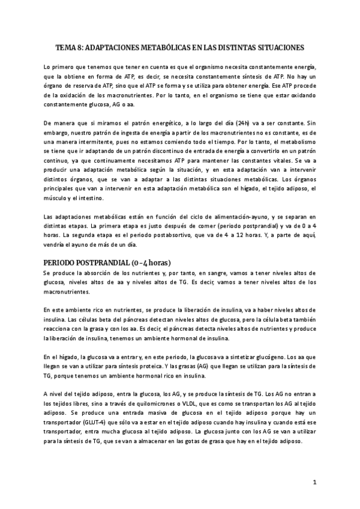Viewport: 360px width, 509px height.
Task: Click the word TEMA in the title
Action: (x=65, y=47)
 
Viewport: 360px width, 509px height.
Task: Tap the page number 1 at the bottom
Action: (x=314, y=482)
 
